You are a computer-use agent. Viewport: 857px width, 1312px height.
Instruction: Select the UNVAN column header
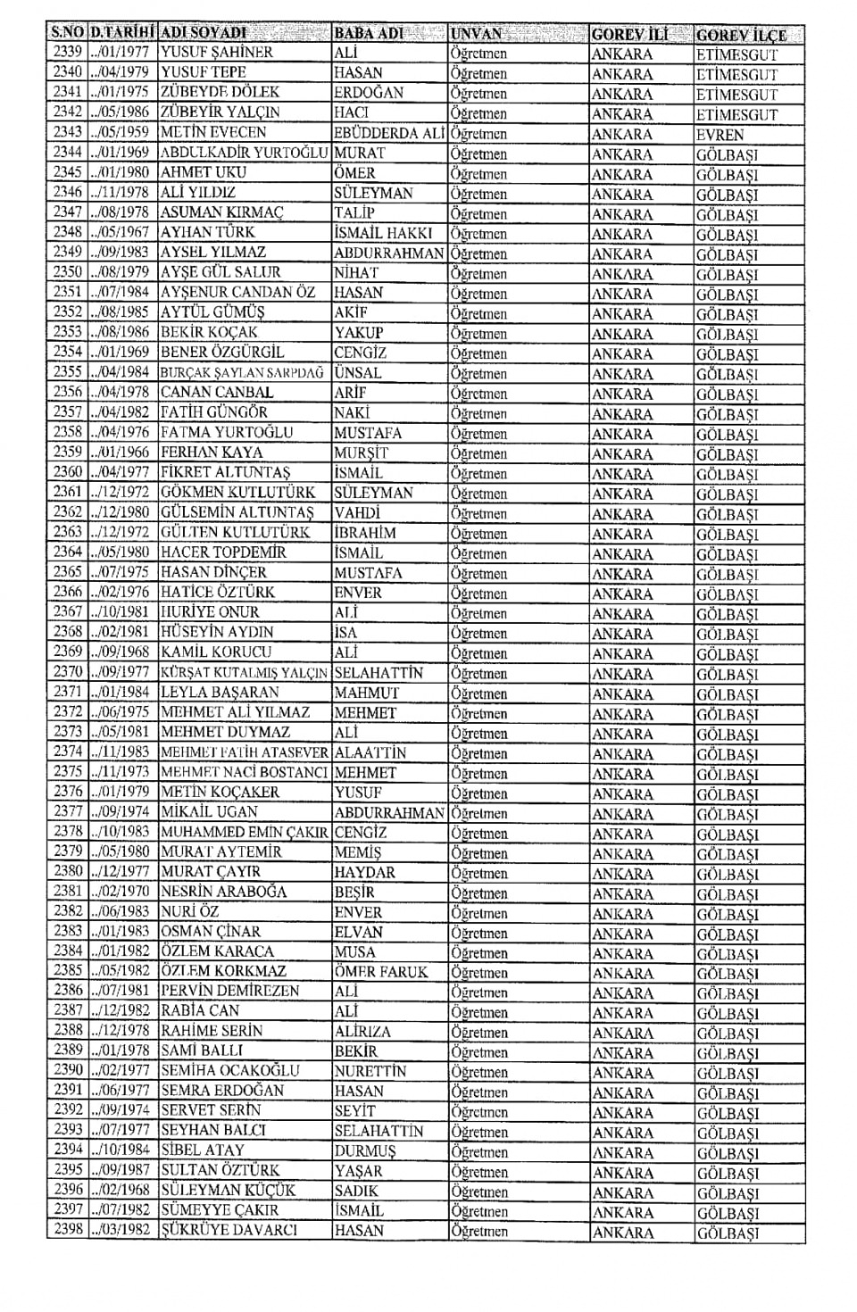click(x=478, y=34)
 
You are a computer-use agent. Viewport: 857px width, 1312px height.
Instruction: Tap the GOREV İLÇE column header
click(x=741, y=35)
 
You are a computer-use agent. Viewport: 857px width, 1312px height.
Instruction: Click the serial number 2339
click(x=67, y=53)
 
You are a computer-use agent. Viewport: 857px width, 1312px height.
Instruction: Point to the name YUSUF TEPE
click(x=204, y=72)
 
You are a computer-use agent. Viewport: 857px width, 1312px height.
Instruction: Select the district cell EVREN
click(x=720, y=135)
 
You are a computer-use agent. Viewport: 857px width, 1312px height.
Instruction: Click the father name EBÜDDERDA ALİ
click(x=389, y=133)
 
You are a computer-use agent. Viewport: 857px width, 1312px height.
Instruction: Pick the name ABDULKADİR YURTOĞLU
click(x=245, y=153)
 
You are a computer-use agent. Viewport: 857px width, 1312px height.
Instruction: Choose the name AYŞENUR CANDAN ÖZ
click(x=237, y=292)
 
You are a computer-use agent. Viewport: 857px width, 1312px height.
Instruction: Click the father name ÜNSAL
click(x=358, y=372)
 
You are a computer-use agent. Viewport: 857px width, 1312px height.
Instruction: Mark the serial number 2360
click(x=67, y=472)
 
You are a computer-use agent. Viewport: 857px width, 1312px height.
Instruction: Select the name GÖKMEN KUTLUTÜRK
click(x=237, y=492)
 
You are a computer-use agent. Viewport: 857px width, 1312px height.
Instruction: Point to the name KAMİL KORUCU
click(x=216, y=652)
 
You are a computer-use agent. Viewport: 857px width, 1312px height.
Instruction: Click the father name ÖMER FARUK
click(x=381, y=972)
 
